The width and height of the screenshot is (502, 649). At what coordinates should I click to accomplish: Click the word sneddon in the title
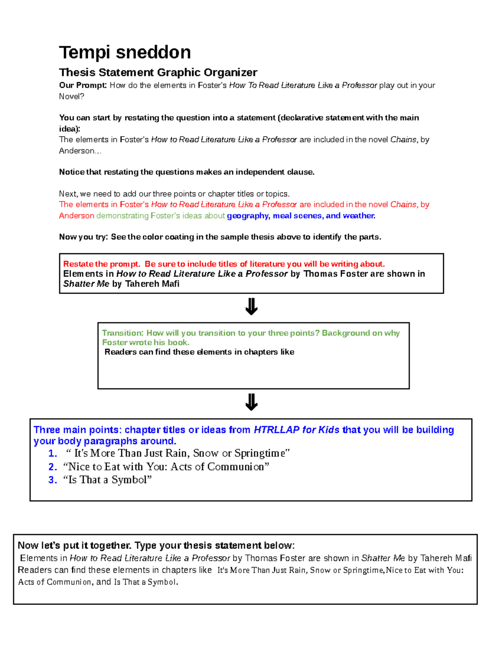153,53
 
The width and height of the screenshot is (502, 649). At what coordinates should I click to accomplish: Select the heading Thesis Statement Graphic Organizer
158,72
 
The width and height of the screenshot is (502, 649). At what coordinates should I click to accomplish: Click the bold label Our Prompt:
83,85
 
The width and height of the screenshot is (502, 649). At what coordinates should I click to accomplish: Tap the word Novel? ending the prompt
72,97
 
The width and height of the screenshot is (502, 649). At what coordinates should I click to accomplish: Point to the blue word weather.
359,216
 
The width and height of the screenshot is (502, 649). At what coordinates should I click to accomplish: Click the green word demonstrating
122,216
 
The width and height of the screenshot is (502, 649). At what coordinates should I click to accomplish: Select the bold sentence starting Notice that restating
187,172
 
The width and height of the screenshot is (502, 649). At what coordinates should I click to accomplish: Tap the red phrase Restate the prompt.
101,264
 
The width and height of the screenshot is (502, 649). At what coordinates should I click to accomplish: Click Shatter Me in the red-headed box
86,284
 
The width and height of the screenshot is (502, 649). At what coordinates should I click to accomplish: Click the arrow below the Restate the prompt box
251,307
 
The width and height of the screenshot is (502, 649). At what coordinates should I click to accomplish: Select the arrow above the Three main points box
251,402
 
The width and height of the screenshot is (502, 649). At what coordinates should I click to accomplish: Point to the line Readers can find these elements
199,352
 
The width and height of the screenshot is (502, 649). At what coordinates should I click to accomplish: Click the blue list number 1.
52,453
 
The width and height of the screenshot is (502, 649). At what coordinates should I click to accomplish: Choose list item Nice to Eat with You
166,467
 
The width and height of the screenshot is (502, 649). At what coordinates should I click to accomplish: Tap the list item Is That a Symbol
107,480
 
